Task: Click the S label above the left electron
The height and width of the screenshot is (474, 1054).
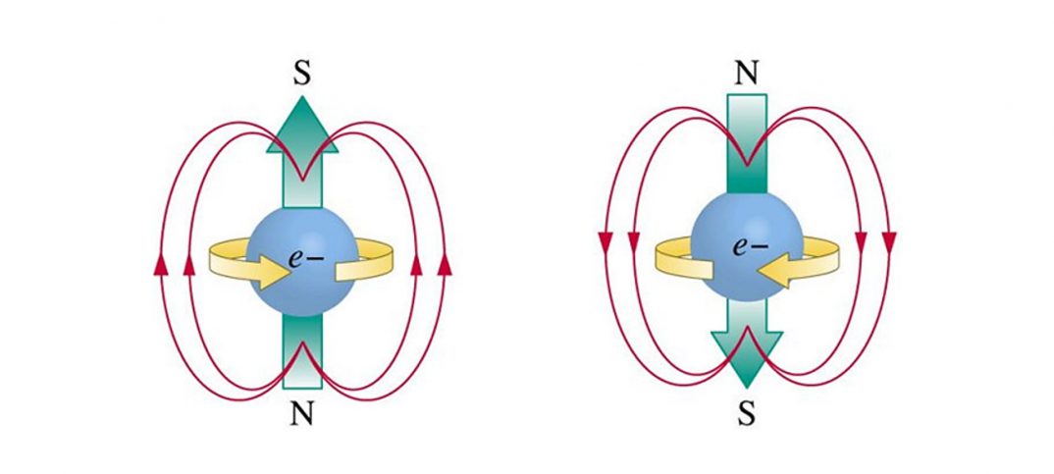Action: tap(302, 75)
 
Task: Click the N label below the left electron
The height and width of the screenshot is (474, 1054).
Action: tap(302, 415)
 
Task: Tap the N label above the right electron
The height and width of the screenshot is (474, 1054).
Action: tap(746, 73)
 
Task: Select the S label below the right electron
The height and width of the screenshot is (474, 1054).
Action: tap(746, 413)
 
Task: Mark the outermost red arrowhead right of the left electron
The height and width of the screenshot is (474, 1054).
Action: tap(446, 263)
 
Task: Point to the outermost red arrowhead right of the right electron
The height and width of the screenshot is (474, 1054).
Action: tap(890, 239)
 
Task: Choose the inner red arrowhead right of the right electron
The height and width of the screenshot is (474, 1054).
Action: tap(862, 239)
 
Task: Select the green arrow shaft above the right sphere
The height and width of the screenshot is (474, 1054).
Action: tap(746, 147)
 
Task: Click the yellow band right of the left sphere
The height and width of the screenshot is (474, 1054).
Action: tap(378, 259)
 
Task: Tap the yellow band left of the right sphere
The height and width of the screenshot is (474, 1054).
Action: tap(673, 258)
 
